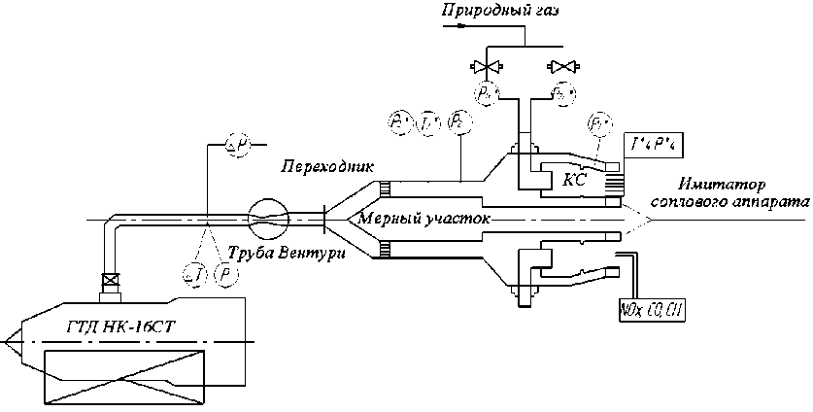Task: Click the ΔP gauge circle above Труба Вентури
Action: pyautogui.click(x=237, y=146)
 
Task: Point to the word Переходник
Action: pyautogui.click(x=313, y=166)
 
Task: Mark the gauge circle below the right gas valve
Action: pyautogui.click(x=561, y=93)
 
